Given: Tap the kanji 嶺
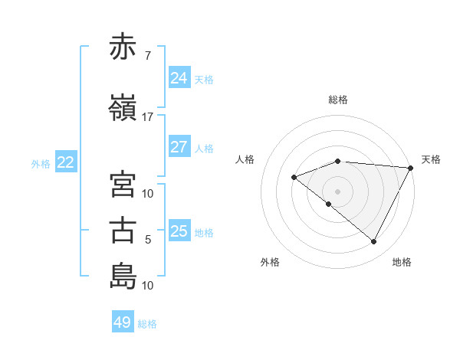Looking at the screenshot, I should click(123, 108).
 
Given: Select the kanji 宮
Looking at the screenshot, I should click(123, 185).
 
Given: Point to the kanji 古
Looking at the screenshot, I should click(123, 231).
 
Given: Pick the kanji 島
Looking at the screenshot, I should click(123, 276).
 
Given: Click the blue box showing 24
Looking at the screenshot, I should click(179, 78).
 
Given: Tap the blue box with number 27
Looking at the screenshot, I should click(179, 147).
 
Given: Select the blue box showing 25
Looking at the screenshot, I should click(179, 231).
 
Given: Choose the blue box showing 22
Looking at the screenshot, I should click(66, 162).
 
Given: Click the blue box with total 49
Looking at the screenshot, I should click(123, 322).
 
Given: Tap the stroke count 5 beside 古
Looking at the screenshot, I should click(147, 240).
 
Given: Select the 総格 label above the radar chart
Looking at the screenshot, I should click(338, 100).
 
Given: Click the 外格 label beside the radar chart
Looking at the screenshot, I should click(270, 262).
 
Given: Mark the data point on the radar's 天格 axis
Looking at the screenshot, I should click(411, 168).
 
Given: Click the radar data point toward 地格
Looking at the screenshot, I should click(373, 242).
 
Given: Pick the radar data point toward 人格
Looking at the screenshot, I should click(294, 177).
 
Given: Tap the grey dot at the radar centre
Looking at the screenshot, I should click(337, 191).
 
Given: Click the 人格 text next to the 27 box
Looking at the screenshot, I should click(204, 148).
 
